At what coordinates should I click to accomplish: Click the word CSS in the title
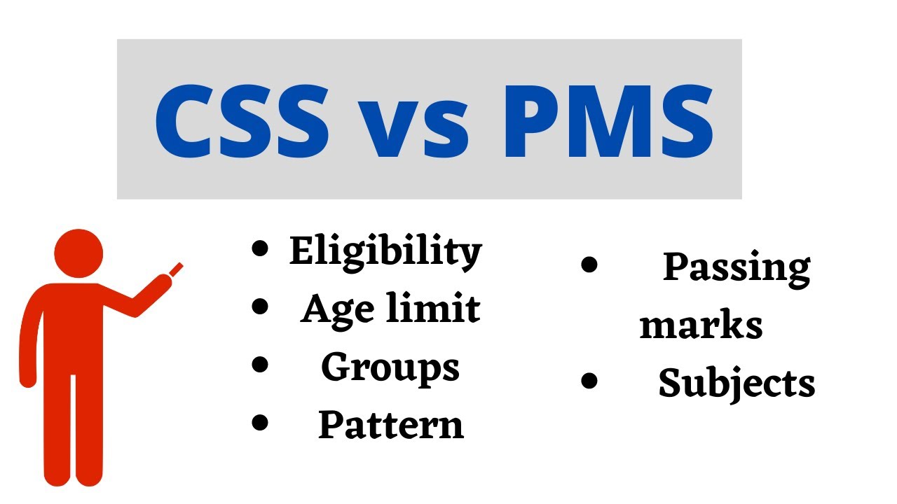click(242, 120)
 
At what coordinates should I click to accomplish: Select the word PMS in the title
click(608, 120)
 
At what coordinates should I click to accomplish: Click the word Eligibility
click(385, 251)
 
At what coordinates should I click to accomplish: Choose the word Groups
click(390, 367)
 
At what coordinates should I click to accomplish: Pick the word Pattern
click(391, 424)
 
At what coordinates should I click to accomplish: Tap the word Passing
click(737, 268)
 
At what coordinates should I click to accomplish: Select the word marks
click(701, 325)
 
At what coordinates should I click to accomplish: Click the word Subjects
click(737, 384)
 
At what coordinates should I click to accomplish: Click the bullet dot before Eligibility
click(260, 248)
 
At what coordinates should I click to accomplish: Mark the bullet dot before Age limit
click(260, 306)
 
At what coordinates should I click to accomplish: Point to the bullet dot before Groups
click(260, 364)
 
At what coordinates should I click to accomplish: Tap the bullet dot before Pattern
click(260, 421)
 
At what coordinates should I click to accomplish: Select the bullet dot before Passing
click(589, 265)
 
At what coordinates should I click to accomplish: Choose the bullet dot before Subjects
click(589, 381)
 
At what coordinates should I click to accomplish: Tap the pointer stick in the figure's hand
click(176, 268)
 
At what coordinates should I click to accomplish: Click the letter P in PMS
click(530, 120)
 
